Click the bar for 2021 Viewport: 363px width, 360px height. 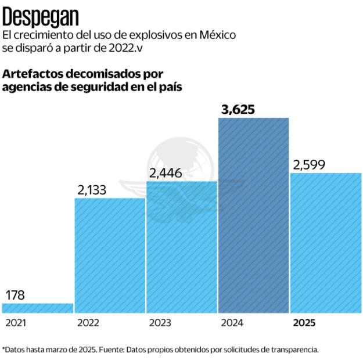tap(38, 308)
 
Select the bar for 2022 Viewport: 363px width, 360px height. tap(110, 255)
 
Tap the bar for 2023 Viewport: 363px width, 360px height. tap(182, 247)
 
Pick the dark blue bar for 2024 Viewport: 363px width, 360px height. tap(253, 215)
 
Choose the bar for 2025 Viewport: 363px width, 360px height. tap(326, 243)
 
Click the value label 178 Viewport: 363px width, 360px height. tap(15, 295)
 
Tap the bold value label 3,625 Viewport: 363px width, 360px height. tap(238, 109)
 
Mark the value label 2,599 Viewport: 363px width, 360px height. tap(309, 164)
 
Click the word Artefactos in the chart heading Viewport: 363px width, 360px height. tap(32, 74)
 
